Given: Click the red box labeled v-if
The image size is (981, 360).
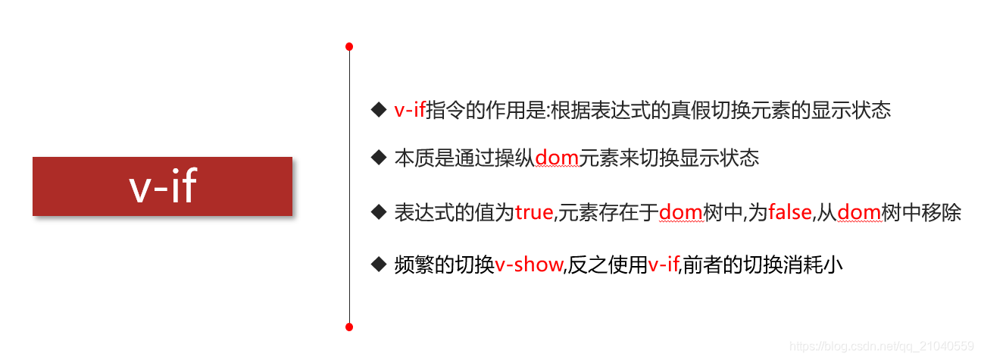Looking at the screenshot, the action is pos(162,186).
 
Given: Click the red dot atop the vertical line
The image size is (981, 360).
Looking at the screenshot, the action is pos(349,47).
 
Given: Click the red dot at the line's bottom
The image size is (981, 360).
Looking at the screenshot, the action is pos(349,327).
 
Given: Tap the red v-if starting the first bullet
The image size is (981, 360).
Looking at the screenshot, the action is pos(410,111).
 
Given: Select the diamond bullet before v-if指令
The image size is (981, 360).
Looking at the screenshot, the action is pos(379,110).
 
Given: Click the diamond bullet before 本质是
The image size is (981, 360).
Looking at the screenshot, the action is pos(379,158).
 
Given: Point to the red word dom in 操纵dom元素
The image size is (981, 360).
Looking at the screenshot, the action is pos(557,158).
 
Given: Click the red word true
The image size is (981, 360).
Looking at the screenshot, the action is pos(534,213).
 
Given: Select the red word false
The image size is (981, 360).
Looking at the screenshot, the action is pos(790,213).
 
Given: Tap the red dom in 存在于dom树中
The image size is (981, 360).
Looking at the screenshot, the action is pos(681,213).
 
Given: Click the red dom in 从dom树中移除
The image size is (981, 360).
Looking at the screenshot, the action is pos(859,213).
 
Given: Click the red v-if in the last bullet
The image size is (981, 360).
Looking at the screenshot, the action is pos(664,265).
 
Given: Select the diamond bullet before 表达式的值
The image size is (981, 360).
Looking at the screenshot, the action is pos(379,212).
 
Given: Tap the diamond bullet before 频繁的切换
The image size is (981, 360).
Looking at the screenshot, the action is pos(379,265).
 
